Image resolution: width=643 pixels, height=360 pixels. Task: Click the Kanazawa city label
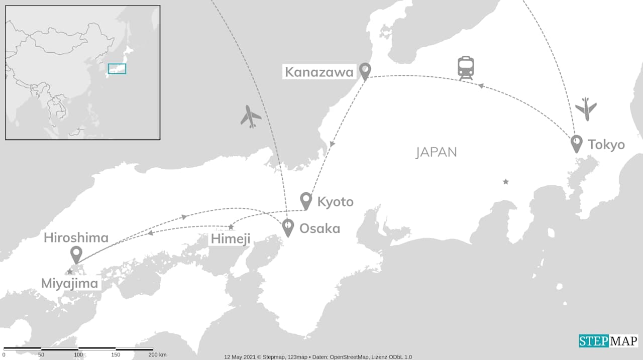(x=319, y=72)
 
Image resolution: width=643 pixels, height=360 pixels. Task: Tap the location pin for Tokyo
(x=577, y=144)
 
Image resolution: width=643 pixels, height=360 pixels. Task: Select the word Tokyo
(x=606, y=145)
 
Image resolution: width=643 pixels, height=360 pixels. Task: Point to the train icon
(x=466, y=68)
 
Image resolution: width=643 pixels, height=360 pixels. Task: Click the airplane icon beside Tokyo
(x=586, y=108)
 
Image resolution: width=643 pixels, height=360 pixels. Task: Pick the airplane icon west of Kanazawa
(x=251, y=116)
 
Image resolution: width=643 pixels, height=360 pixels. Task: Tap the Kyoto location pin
(x=306, y=200)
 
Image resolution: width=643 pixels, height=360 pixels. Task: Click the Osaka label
(x=319, y=229)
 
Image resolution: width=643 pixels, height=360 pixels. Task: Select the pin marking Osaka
(x=288, y=227)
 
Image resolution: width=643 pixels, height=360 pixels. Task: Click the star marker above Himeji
(x=231, y=227)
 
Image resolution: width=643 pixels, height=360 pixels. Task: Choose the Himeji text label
(x=230, y=239)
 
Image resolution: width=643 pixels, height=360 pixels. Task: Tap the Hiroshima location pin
(x=76, y=255)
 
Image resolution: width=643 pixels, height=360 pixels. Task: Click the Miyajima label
(x=69, y=284)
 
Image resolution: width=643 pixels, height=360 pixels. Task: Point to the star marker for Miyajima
(x=70, y=272)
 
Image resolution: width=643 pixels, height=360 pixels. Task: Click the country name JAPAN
(x=436, y=152)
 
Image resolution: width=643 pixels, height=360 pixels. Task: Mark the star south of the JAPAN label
(x=506, y=181)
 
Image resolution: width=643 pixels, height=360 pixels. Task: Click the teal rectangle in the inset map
(x=117, y=69)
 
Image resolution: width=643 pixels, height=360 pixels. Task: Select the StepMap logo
(x=608, y=341)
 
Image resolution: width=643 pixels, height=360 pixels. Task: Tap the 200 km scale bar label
(x=158, y=355)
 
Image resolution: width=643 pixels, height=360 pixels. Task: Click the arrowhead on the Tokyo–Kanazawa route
(x=481, y=86)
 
